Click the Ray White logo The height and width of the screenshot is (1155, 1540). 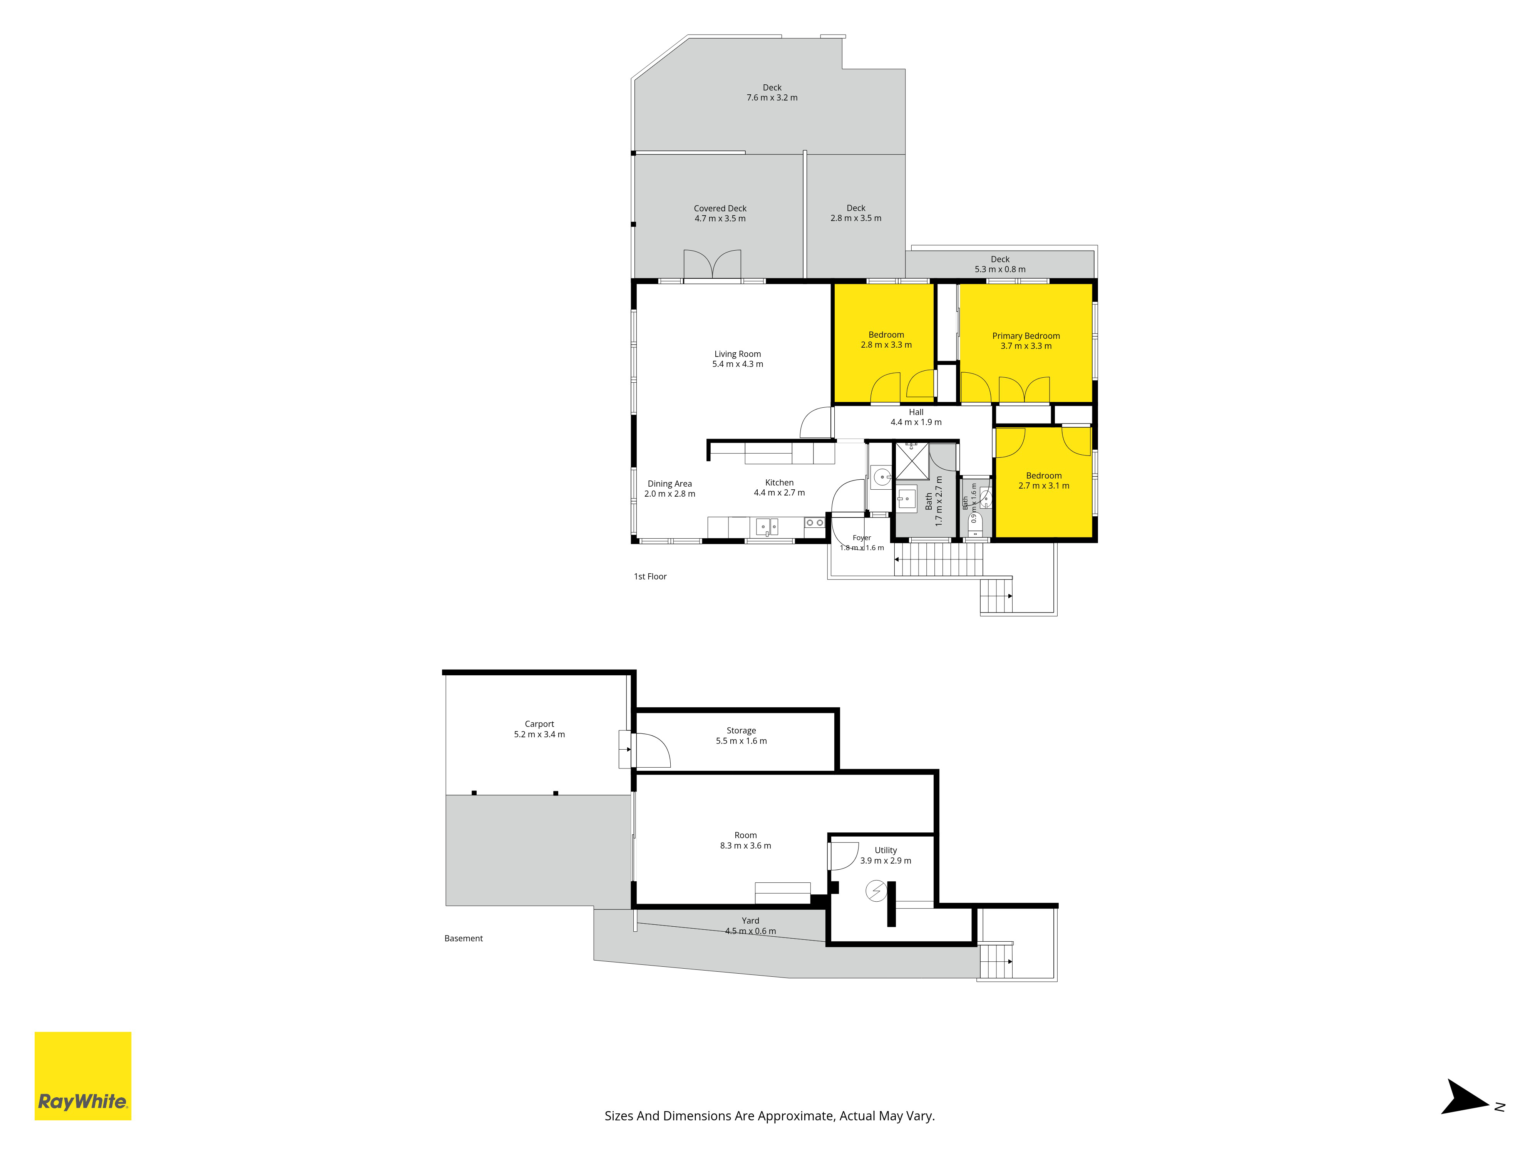[83, 1076]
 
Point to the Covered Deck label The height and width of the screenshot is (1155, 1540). [720, 213]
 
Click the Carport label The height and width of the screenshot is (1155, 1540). [539, 729]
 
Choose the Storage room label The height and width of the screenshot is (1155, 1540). [742, 736]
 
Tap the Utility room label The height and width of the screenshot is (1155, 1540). [885, 855]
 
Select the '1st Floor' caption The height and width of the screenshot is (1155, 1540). [650, 576]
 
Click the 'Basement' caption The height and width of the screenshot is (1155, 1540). [464, 939]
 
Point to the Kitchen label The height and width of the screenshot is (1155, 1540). [779, 487]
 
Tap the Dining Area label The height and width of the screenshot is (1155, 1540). [670, 489]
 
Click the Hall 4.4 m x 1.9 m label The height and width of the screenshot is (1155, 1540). [916, 417]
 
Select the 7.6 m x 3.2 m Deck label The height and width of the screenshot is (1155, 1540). [772, 93]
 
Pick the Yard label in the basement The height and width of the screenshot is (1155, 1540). [750, 926]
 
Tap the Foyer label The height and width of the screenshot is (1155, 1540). [862, 542]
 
